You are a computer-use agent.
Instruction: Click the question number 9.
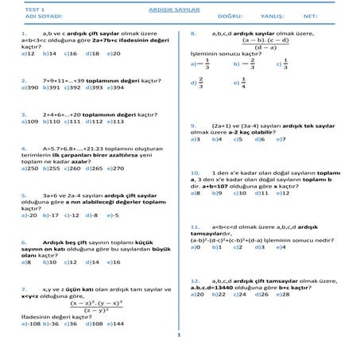pyautogui.click(x=195, y=125)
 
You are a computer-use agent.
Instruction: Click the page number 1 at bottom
pyautogui.click(x=180, y=335)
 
